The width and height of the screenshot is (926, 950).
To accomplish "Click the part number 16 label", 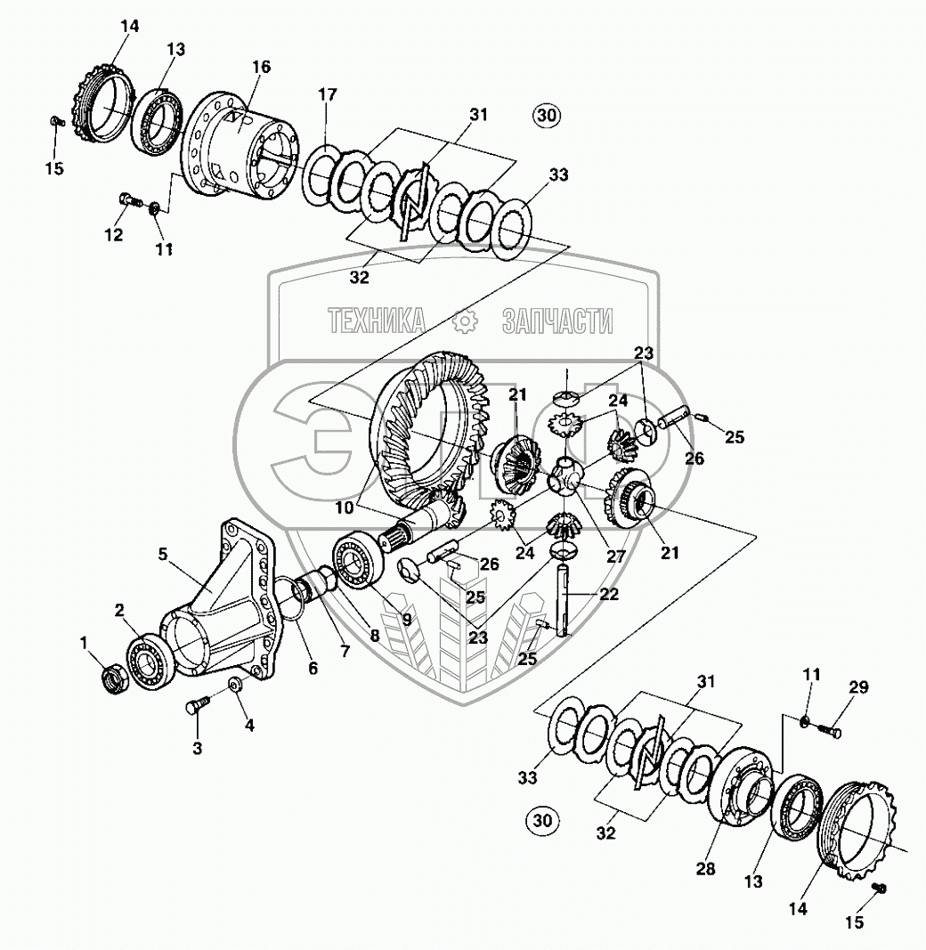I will [261, 68].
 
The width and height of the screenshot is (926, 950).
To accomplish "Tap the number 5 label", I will [163, 554].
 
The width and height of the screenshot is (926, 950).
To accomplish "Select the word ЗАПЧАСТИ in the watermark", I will [558, 320].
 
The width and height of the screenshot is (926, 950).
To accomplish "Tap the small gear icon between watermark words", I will [466, 321].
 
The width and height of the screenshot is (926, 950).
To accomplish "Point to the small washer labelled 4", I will [235, 685].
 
